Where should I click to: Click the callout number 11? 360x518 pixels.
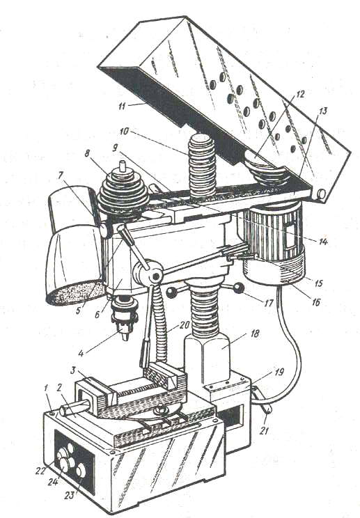[122, 107]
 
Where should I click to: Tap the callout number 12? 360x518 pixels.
[299, 94]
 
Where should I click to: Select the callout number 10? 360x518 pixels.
[124, 131]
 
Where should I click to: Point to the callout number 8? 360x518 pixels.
[87, 154]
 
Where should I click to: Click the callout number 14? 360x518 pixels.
[322, 242]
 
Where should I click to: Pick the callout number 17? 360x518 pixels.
[269, 302]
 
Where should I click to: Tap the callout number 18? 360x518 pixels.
[255, 333]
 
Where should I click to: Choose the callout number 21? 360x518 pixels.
[264, 430]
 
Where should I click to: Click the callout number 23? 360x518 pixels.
[69, 495]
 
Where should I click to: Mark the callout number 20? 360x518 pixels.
[185, 325]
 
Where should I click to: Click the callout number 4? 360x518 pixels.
[81, 353]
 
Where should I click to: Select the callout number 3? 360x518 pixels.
[73, 370]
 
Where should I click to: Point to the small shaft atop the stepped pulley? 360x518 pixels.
[123, 166]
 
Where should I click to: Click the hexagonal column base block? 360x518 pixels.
[207, 359]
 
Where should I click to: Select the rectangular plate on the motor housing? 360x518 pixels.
[290, 235]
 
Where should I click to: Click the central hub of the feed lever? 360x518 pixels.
[155, 275]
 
